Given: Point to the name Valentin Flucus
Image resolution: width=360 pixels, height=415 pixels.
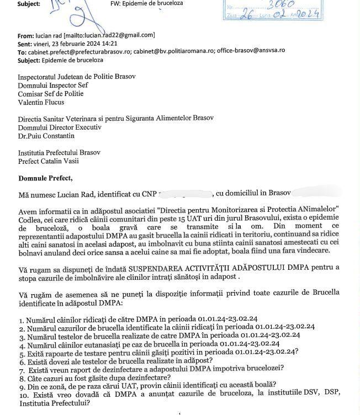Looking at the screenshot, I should (x=40, y=103).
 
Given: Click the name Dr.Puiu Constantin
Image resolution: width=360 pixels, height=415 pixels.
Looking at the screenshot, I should (x=46, y=136).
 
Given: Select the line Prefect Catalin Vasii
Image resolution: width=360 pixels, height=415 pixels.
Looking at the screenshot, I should (x=48, y=161).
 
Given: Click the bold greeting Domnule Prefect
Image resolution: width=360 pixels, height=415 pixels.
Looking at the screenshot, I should (x=45, y=178).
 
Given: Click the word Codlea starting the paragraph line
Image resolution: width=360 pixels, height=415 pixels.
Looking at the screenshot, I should (x=29, y=220).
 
